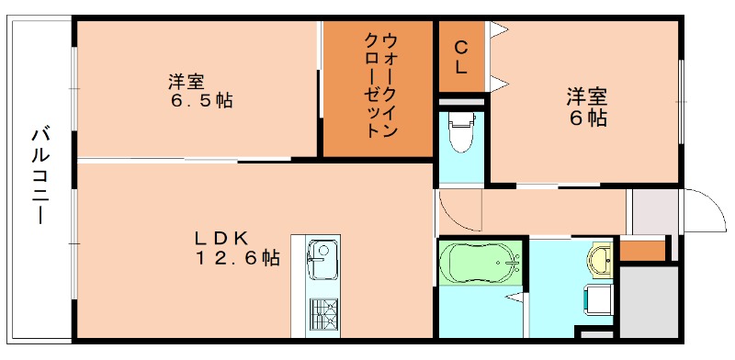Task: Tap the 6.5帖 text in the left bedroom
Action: (199, 100)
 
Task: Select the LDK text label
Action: (220, 238)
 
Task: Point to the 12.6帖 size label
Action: (236, 259)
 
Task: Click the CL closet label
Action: (461, 56)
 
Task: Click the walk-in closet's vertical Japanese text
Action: (377, 85)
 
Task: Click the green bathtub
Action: (480, 264)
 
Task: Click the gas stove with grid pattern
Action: (322, 317)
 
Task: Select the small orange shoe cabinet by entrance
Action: (641, 249)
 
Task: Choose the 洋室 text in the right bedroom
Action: (587, 95)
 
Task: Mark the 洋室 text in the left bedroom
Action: (186, 80)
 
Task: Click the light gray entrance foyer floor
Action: (652, 214)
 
